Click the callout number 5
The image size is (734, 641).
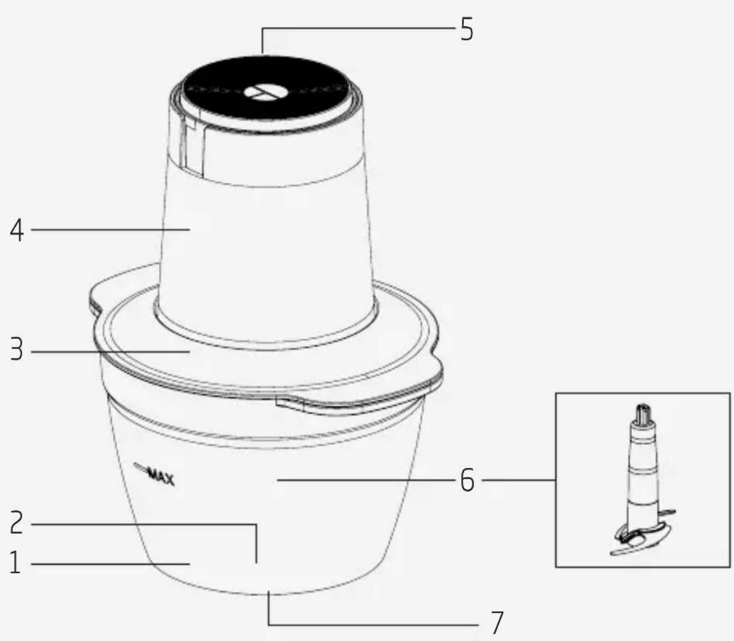[467, 29]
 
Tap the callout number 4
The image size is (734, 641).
[17, 231]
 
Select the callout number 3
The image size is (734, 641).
[16, 350]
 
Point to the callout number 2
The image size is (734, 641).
[16, 522]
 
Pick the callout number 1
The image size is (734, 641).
[15, 563]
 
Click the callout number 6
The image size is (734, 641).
[467, 480]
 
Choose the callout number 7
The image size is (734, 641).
[496, 623]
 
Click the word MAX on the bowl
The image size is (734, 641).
[161, 478]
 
